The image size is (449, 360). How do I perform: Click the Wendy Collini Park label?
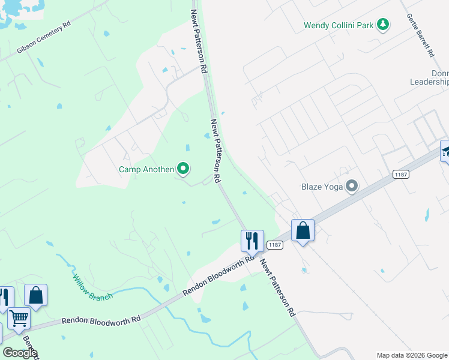coord(339,25)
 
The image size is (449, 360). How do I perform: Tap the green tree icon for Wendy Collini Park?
coord(382,25)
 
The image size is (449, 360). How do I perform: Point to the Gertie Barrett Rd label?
coord(420,35)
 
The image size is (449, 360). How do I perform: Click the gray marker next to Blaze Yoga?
coord(352,187)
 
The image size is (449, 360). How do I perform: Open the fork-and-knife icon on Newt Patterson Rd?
coord(252,240)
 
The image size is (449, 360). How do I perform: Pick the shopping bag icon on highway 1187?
coord(303,230)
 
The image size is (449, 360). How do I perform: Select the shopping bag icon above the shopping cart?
coord(35,295)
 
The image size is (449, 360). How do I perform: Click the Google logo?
coord(20,353)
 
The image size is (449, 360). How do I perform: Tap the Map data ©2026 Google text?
coord(412,355)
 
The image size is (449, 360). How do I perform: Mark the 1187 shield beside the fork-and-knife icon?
coord(275,244)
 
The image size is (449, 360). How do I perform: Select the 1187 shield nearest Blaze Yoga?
coord(401,174)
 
